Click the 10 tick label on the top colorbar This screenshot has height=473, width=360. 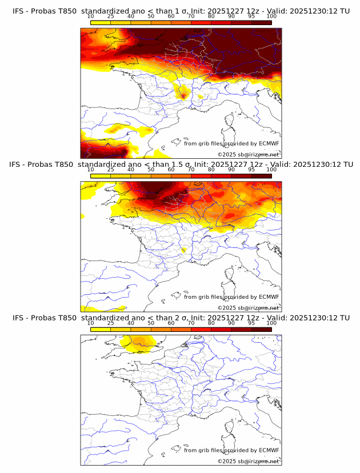91,16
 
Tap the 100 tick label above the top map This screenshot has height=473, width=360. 271,16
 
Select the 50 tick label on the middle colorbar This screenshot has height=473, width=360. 151,169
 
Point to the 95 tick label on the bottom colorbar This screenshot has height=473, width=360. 251,323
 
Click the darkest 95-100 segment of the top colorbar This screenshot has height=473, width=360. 262,22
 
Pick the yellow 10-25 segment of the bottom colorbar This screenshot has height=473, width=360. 101,329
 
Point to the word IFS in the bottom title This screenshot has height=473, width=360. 19,318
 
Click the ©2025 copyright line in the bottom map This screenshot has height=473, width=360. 248,461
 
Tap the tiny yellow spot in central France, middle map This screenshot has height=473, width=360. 183,250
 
